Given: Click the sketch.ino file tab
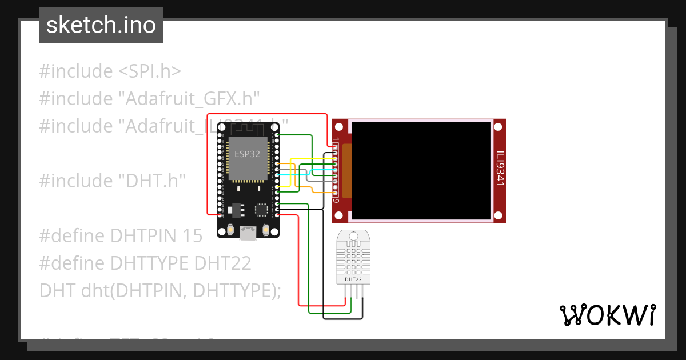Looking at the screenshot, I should (101, 25).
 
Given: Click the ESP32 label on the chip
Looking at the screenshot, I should (247, 154).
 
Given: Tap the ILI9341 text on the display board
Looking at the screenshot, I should (500, 169).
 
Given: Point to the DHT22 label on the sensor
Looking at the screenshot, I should (353, 279).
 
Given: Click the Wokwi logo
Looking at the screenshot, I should (607, 315).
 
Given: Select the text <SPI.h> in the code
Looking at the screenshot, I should (150, 71).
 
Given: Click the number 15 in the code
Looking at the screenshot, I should (193, 236).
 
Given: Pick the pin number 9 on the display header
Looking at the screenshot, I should (336, 201).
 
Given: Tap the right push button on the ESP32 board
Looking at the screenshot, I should (266, 230).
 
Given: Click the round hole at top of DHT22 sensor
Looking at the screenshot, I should (353, 235).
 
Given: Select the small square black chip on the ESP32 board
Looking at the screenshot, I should (261, 210).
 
